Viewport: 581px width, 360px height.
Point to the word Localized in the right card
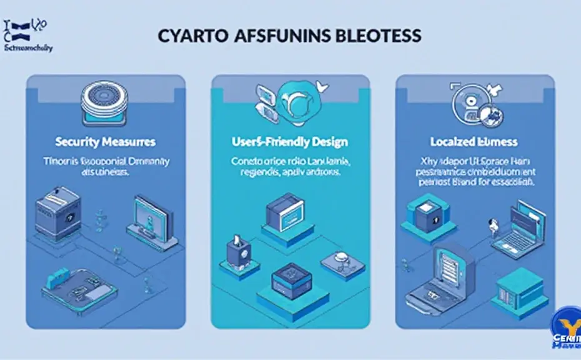click(452, 142)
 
